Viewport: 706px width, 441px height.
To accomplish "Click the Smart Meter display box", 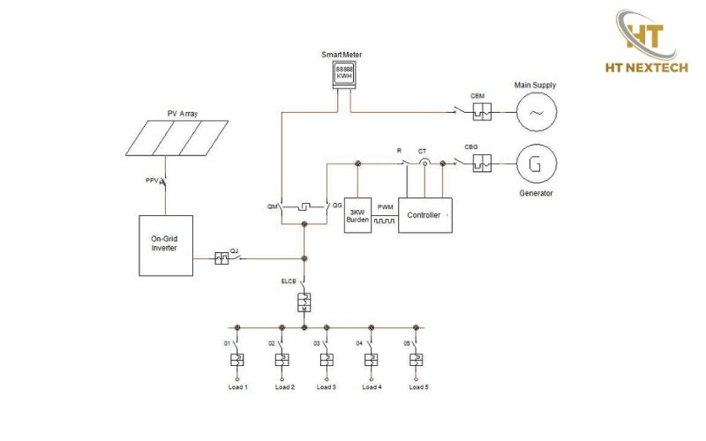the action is coord(344,74).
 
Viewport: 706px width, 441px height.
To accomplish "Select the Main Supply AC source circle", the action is coord(537,112).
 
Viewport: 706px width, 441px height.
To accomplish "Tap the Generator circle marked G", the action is coord(537,164).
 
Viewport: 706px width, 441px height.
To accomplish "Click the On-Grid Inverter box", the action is coord(166,245).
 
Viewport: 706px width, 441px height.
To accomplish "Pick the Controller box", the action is coord(425,215).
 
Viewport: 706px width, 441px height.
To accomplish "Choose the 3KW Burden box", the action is coord(357,215).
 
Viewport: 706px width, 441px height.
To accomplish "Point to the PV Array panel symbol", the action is coord(176,138).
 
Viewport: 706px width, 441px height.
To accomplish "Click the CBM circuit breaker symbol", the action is coord(482,112).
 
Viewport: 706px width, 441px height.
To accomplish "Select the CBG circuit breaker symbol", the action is coord(482,163).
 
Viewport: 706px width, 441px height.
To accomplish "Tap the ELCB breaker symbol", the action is coord(304,303).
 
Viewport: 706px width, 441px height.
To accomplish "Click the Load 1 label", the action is coord(237,387).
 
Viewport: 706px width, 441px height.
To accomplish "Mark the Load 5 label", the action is coord(418,387).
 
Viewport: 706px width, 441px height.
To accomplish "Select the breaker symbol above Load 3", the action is coord(327,360).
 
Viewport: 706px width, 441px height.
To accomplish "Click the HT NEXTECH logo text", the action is coord(647,68).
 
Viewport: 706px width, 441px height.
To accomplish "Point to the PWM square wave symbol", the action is coord(385,221).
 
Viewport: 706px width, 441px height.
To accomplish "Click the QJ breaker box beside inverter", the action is coord(222,258).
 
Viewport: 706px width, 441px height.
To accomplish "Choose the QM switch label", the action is coord(273,206).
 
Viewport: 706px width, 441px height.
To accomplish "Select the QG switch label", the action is coord(337,206).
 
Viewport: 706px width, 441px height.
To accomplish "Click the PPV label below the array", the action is coord(152,181).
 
